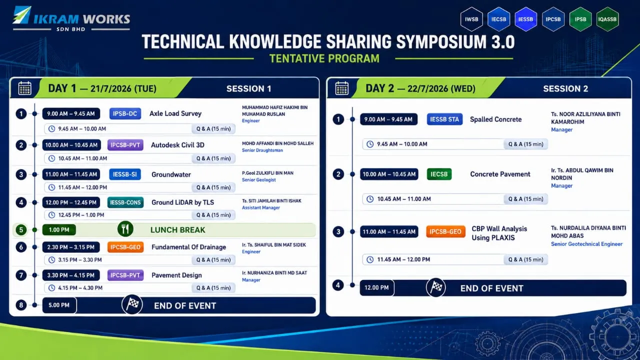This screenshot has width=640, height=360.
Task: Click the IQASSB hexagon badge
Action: (x=607, y=19)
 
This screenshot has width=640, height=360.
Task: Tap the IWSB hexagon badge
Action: (x=471, y=19)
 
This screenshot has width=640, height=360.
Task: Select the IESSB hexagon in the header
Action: (x=525, y=19)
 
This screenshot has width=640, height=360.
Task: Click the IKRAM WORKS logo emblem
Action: (x=22, y=15)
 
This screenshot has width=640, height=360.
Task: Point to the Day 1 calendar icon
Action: (x=25, y=88)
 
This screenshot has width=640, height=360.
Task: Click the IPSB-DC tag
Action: (x=125, y=113)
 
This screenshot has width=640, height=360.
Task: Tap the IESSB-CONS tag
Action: (x=125, y=202)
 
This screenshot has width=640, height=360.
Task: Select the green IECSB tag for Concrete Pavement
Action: (x=439, y=174)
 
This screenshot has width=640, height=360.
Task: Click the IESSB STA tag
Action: (x=444, y=119)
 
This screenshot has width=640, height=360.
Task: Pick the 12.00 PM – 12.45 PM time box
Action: (x=71, y=202)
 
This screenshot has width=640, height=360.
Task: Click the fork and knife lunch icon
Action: (x=125, y=229)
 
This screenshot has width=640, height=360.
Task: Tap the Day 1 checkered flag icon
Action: (x=132, y=304)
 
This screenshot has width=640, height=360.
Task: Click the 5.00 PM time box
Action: (x=59, y=305)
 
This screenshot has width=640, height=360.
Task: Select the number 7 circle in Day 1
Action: (x=21, y=275)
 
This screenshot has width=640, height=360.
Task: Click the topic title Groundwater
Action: (x=171, y=174)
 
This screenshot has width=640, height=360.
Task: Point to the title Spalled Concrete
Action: (x=495, y=119)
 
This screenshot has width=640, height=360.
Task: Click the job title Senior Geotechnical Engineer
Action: (x=586, y=244)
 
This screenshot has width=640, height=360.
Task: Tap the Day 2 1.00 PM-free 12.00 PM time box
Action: (x=377, y=287)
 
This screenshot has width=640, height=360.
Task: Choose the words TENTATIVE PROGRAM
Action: (x=324, y=58)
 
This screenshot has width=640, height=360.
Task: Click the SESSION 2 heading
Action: (x=565, y=89)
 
